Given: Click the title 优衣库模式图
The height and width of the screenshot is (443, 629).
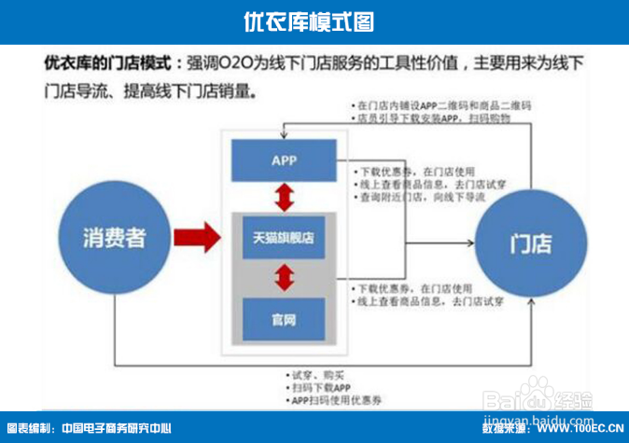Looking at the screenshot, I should tap(314, 21).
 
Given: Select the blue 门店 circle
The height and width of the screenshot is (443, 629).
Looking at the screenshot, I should tap(529, 244).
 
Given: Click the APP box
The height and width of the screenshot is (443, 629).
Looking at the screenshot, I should tap(284, 160).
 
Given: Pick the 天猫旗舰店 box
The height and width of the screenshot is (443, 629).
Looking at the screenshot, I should tap(283, 238).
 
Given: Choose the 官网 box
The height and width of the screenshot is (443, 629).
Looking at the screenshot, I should tap(284, 319).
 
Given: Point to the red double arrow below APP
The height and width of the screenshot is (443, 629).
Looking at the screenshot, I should tap(283, 198).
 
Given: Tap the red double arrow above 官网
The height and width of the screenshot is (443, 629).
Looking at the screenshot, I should tap(283, 277).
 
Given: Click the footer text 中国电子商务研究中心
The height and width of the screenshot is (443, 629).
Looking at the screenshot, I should tap(117, 429).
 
